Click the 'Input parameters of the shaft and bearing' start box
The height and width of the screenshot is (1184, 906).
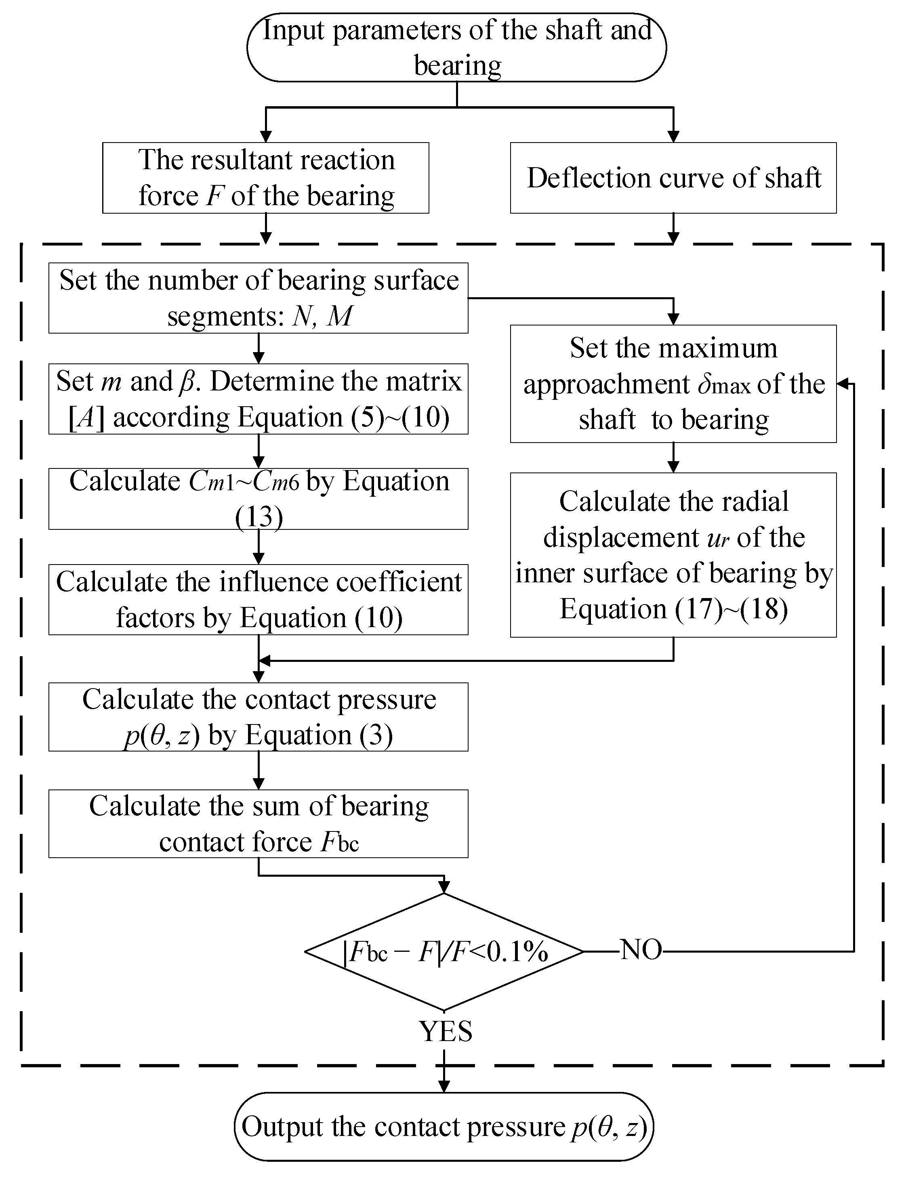(x=456, y=47)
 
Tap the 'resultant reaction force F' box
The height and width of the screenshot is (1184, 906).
(x=266, y=178)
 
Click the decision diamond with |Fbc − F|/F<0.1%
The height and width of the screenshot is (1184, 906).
(x=444, y=952)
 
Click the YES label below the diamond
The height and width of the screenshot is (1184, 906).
(x=446, y=1031)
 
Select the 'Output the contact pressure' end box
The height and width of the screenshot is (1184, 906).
(x=444, y=1126)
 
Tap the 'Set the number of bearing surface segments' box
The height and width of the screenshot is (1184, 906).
(x=259, y=298)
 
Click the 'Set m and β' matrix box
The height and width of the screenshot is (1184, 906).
(x=259, y=399)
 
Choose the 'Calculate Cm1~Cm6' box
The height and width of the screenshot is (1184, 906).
(x=259, y=499)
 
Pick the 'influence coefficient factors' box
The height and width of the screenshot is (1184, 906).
(x=259, y=600)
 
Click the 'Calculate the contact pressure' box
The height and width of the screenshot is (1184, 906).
(x=259, y=717)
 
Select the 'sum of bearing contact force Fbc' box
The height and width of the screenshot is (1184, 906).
(x=259, y=824)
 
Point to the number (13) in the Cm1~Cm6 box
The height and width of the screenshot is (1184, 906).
(x=259, y=517)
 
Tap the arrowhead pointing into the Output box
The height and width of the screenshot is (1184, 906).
(x=444, y=1086)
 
